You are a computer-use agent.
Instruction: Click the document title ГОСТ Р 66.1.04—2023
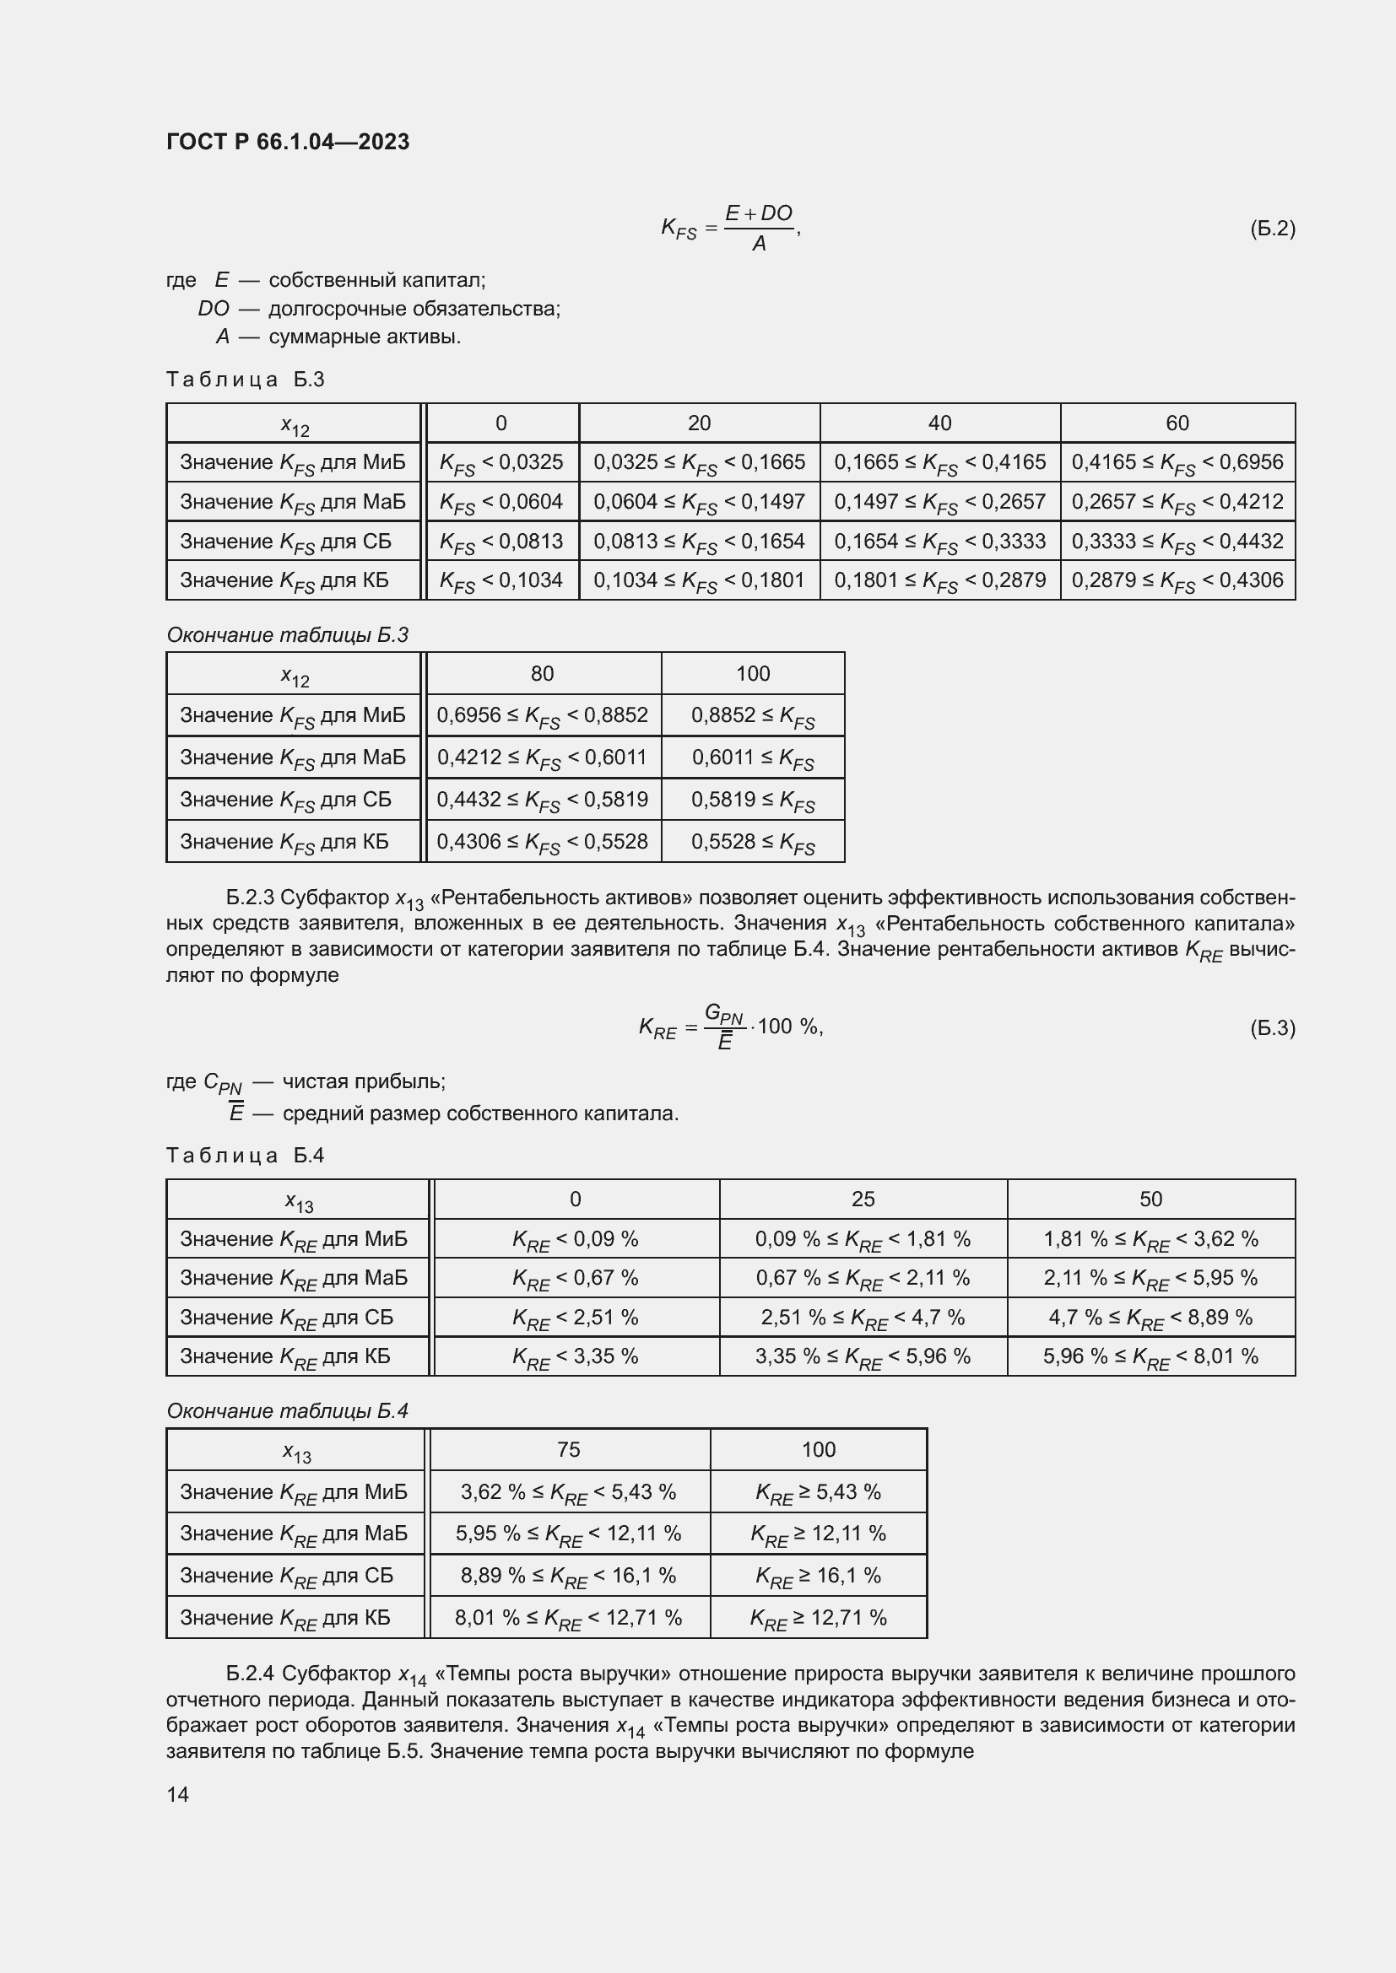click(x=287, y=142)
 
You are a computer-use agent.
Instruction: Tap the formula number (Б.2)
click(x=1271, y=229)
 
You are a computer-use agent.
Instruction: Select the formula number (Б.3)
click(x=1271, y=1027)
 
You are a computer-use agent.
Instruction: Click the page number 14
click(x=178, y=1794)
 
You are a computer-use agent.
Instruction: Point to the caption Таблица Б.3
click(x=245, y=380)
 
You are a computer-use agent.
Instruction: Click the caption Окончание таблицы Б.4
click(x=287, y=1411)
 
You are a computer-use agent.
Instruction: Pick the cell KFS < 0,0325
click(x=501, y=463)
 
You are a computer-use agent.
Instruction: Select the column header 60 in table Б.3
click(x=1177, y=423)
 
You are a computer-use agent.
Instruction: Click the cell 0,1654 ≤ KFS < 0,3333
click(x=939, y=542)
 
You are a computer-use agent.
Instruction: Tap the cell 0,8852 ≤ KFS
click(x=752, y=716)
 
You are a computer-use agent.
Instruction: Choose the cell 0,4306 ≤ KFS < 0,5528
click(x=543, y=842)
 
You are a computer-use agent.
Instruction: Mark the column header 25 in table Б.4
click(x=863, y=1199)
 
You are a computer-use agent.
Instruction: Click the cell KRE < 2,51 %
click(x=575, y=1318)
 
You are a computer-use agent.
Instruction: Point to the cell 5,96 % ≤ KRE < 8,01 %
click(x=1150, y=1357)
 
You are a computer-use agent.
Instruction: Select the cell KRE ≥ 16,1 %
click(x=818, y=1576)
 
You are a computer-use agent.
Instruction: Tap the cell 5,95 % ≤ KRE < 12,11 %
click(x=568, y=1534)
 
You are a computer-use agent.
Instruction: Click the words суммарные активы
click(x=365, y=337)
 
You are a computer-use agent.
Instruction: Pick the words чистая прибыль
click(x=364, y=1081)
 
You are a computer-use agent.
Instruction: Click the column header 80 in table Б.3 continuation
click(x=543, y=674)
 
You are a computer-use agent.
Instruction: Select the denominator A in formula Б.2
click(x=759, y=245)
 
